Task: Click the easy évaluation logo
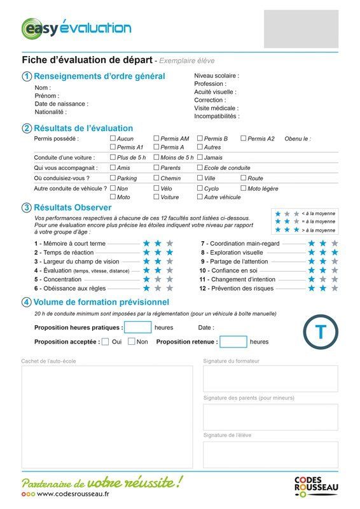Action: point(76,28)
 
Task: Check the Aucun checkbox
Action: point(113,138)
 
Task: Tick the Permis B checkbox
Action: point(200,138)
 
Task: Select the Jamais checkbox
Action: point(200,157)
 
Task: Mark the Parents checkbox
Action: point(156,168)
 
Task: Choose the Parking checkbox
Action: point(113,178)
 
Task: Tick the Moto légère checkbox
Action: point(243,188)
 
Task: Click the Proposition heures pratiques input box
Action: point(137,328)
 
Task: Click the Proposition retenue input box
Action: point(233,342)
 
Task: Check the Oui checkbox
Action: point(106,342)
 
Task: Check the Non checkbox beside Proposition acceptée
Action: point(132,342)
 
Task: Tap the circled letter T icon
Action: point(321,331)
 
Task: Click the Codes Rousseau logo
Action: point(316,486)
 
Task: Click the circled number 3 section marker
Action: point(27,207)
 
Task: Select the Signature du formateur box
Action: point(270,379)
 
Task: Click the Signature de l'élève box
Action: point(270,454)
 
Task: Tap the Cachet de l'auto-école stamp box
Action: point(107,417)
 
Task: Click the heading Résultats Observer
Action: point(73,207)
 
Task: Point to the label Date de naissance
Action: point(61,104)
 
